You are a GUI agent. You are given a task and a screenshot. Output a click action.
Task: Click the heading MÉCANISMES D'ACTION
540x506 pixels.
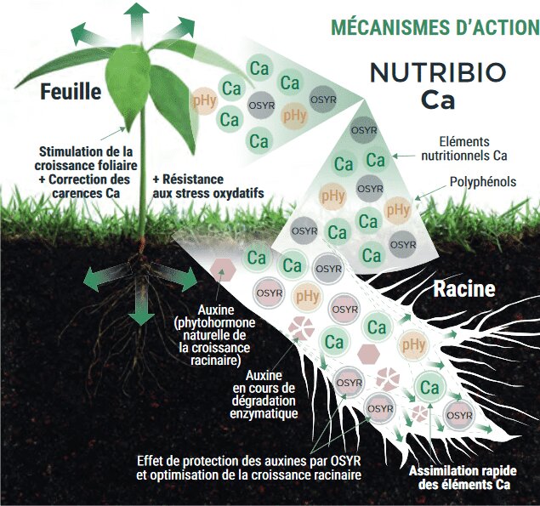(433, 26)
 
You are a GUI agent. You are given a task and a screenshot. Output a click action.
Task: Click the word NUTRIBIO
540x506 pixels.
(438, 72)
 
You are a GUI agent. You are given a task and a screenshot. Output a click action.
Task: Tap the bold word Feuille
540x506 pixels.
(71, 92)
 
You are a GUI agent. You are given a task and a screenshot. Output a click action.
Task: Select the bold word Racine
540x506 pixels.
(463, 289)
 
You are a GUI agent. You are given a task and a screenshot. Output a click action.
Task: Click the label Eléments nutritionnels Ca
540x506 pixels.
(464, 148)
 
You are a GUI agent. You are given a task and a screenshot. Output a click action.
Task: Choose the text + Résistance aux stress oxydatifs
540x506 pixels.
(207, 186)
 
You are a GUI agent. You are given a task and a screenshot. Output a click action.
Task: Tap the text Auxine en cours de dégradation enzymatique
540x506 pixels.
(267, 395)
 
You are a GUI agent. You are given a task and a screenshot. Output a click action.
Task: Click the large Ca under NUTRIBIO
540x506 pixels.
(438, 100)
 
